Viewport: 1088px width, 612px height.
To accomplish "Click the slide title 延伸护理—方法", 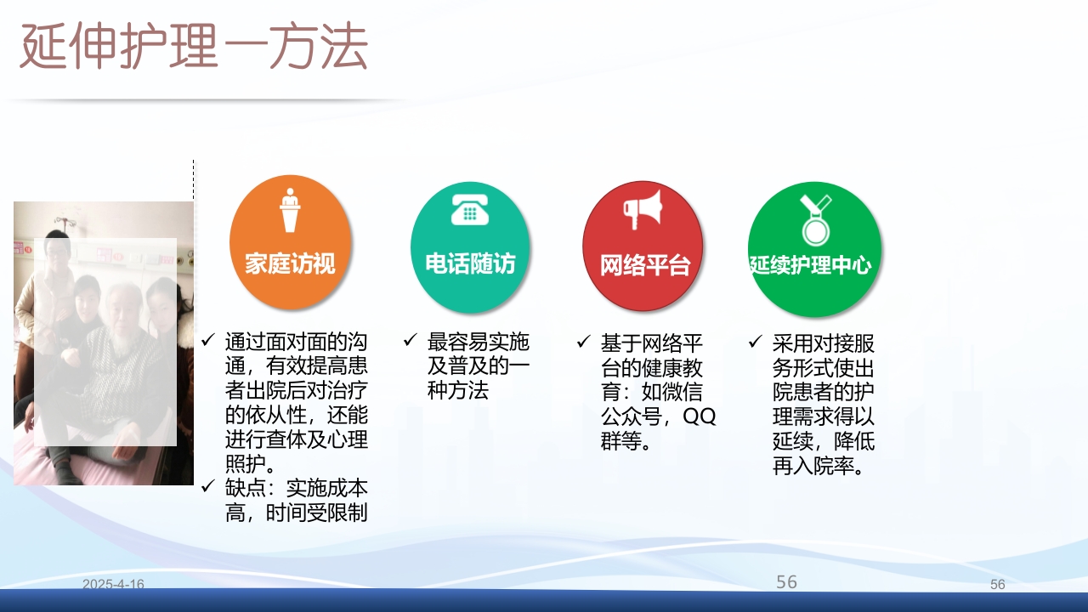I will tap(194, 48).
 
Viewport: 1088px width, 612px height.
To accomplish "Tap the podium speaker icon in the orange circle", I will tap(291, 210).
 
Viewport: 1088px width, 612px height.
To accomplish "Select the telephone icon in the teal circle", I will tap(469, 209).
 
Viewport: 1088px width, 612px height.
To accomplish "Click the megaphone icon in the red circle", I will tap(642, 209).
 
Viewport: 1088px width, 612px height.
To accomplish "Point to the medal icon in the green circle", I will tap(813, 219).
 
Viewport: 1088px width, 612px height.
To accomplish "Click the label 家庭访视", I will tap(290, 263).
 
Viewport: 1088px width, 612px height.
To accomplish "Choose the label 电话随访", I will tap(470, 263).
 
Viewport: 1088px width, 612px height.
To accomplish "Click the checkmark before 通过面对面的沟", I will tap(208, 342).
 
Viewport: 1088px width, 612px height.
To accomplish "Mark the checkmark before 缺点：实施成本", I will tap(208, 488).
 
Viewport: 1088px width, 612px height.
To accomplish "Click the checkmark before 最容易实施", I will tap(410, 342).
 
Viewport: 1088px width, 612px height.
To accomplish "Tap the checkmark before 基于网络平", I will tap(583, 343).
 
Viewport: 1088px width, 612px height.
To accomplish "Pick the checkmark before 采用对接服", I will tap(755, 343).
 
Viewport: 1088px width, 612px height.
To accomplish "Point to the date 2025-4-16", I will tap(113, 585).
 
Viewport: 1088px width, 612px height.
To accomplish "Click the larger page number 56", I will tap(786, 581).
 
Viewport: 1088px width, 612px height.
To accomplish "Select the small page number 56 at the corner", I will tap(997, 585).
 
